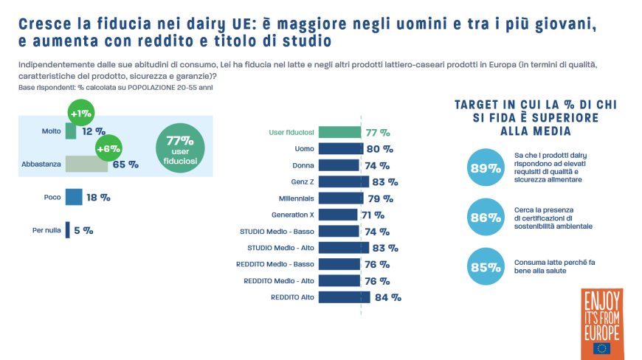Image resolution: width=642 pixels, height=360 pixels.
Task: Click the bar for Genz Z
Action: tap(344, 181)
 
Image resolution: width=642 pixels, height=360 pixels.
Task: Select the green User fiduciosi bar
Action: tap(340, 133)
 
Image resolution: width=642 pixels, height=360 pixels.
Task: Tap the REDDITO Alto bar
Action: tap(345, 297)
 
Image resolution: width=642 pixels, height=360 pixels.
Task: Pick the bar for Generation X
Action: tap(339, 215)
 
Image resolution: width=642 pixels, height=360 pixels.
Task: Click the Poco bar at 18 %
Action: tap(74, 197)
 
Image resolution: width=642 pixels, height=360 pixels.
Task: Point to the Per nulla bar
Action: tap(67, 230)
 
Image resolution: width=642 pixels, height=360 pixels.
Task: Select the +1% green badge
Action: tap(80, 114)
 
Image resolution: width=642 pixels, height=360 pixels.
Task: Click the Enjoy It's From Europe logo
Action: tap(601, 323)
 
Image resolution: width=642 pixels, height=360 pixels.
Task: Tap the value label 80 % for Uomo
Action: tap(382, 149)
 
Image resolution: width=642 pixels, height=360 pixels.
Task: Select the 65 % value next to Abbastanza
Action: tap(125, 165)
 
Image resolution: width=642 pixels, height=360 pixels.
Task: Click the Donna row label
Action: tap(303, 165)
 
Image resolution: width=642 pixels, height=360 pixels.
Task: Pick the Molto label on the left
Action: tap(51, 131)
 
